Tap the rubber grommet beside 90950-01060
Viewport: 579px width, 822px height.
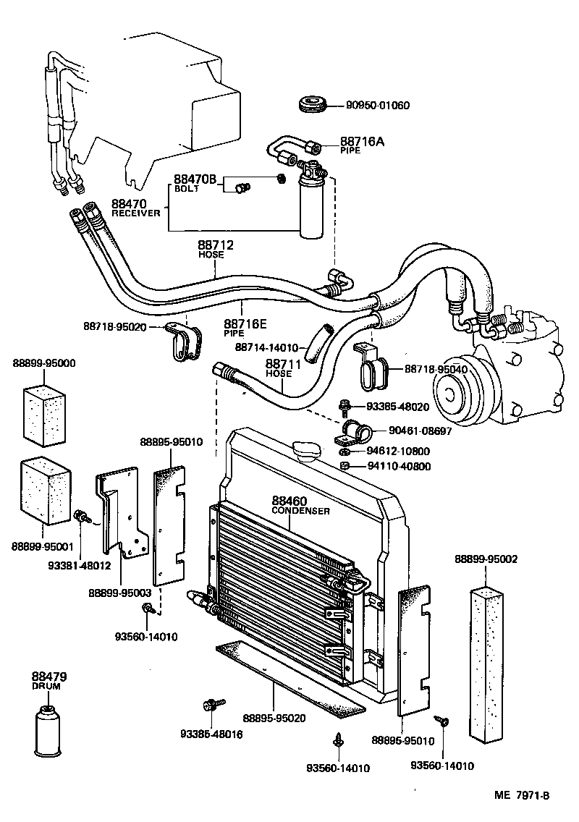(313, 103)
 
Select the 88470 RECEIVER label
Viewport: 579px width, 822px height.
(135, 208)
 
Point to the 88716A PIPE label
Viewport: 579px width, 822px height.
(362, 145)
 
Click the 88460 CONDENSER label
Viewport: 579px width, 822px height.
(300, 505)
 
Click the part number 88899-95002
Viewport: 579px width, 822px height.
(486, 559)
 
